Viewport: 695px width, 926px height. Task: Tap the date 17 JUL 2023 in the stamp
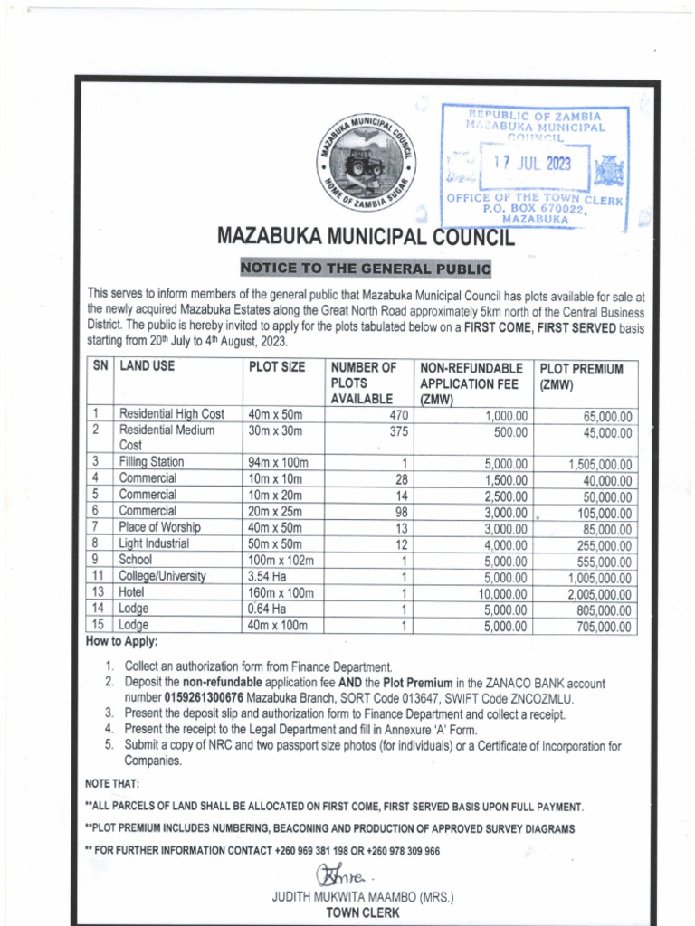[x=531, y=165]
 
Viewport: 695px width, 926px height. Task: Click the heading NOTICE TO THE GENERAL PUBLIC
[x=365, y=269]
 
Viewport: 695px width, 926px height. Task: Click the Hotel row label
[x=133, y=592]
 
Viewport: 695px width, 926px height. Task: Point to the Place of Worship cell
[x=159, y=527]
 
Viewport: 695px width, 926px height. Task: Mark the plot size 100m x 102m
[x=281, y=560]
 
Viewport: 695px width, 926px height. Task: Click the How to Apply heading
[x=121, y=642]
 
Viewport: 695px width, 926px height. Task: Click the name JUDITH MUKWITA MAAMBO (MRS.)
[x=362, y=897]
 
